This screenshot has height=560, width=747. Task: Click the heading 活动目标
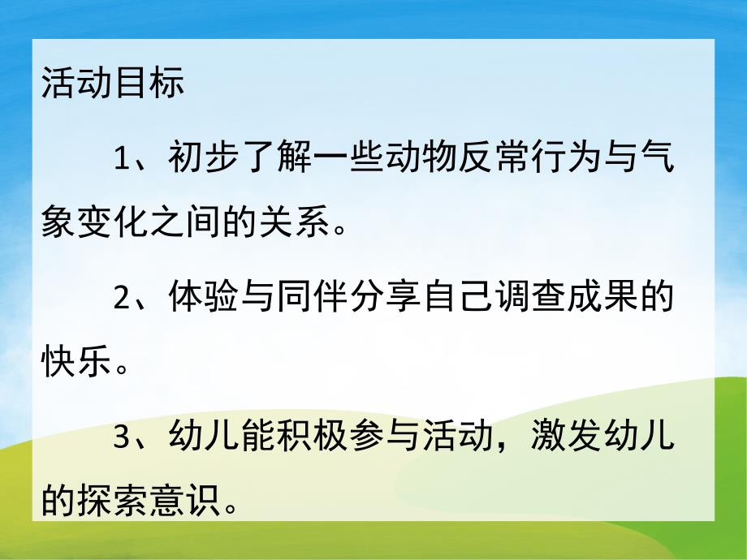pos(113,85)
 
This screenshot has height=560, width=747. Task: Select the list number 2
pos(123,297)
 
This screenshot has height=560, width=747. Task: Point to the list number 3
pos(123,436)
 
